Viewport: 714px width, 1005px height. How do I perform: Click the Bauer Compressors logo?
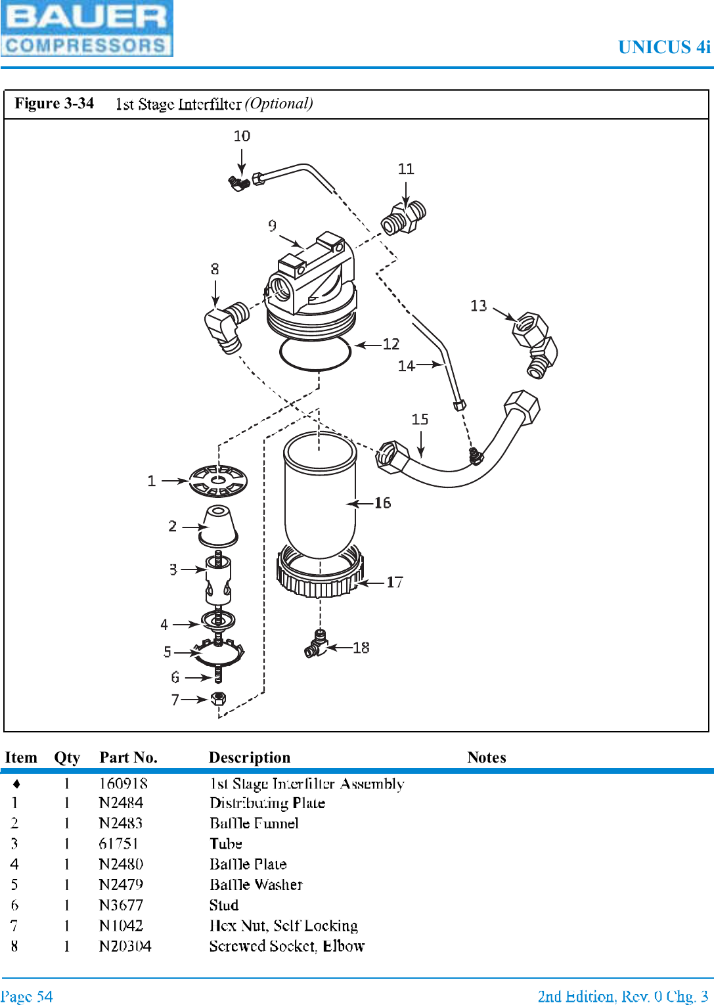click(x=86, y=29)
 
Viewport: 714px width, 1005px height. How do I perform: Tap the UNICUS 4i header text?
click(x=664, y=47)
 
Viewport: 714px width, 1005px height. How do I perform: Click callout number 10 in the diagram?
click(x=242, y=136)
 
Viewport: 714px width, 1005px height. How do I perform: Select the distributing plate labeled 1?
click(x=218, y=481)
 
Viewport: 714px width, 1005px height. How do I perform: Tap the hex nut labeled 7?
click(x=219, y=698)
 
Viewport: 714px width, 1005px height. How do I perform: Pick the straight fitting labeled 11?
click(x=404, y=219)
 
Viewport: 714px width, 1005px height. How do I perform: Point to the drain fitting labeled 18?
click(x=316, y=644)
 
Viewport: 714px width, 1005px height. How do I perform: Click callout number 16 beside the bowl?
click(x=382, y=503)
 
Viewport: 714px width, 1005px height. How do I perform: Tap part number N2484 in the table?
click(x=121, y=803)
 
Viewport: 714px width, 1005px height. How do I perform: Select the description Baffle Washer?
click(x=256, y=885)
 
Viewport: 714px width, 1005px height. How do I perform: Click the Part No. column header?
click(x=128, y=757)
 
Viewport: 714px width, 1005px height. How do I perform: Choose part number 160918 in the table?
click(x=123, y=783)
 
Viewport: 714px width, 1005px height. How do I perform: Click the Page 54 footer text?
click(x=27, y=996)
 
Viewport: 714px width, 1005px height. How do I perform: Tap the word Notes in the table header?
click(x=486, y=757)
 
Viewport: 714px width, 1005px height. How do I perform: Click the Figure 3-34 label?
click(x=55, y=104)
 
